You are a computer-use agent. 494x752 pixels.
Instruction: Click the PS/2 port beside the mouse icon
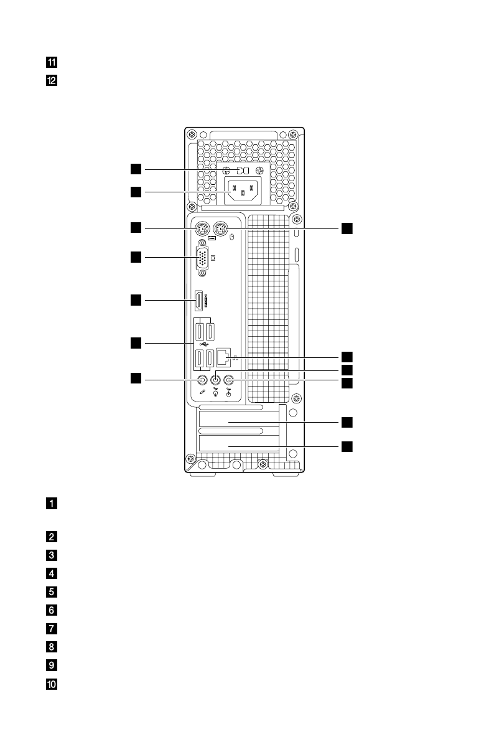click(x=220, y=229)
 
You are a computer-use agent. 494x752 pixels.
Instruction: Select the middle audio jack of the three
click(x=216, y=380)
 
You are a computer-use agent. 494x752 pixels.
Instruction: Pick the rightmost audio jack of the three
click(x=229, y=380)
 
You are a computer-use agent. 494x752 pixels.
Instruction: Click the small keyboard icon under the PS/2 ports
click(x=212, y=238)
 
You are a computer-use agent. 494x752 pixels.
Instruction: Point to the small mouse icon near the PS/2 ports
click(x=231, y=237)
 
